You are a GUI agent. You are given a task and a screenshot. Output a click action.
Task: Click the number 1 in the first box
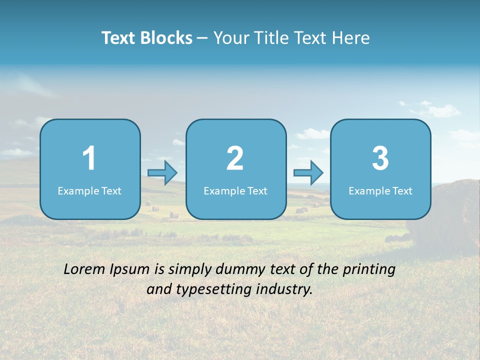click(x=89, y=158)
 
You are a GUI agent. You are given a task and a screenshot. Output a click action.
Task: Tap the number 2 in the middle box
click(x=235, y=158)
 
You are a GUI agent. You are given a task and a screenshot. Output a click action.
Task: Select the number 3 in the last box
click(x=380, y=158)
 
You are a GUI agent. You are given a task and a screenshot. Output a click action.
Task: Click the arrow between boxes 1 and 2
click(x=162, y=173)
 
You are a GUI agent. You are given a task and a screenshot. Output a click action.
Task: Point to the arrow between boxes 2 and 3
click(x=308, y=173)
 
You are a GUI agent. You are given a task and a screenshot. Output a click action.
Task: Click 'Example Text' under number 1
click(x=89, y=191)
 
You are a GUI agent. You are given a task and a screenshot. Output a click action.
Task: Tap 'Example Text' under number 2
click(x=235, y=191)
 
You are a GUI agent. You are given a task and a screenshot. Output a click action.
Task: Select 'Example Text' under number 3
click(x=380, y=191)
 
